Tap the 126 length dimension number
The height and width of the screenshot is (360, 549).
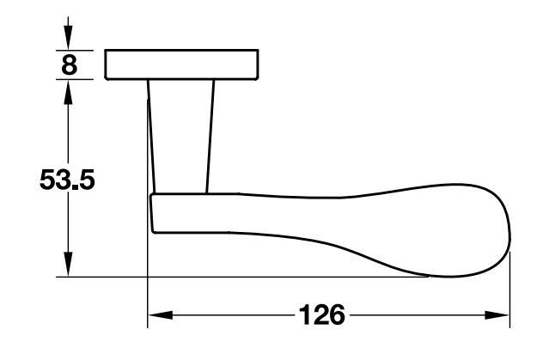tap(320, 314)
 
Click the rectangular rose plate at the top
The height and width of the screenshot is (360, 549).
tap(183, 64)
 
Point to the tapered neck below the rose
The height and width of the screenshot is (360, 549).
tap(180, 133)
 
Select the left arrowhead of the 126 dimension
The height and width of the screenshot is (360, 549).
tap(159, 315)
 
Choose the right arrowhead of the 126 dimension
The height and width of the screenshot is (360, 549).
tap(500, 315)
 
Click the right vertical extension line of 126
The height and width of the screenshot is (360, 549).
tap(510, 292)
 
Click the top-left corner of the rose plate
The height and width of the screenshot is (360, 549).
tap(106, 51)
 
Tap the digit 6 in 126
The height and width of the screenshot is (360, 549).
tap(336, 314)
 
